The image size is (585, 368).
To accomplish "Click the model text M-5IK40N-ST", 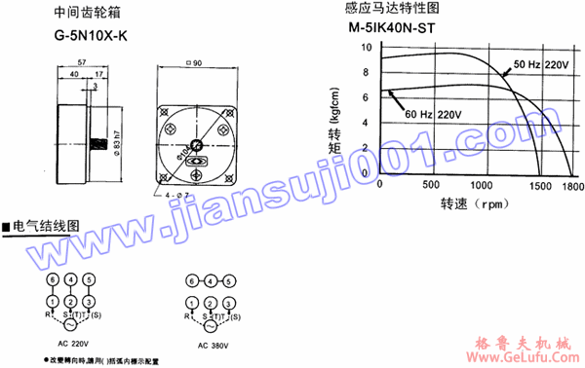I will [390, 28].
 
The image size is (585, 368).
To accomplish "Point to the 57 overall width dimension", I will [82, 63].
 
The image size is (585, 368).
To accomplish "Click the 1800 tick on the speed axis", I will [571, 185].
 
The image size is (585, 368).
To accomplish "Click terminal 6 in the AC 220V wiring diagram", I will [52, 280].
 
